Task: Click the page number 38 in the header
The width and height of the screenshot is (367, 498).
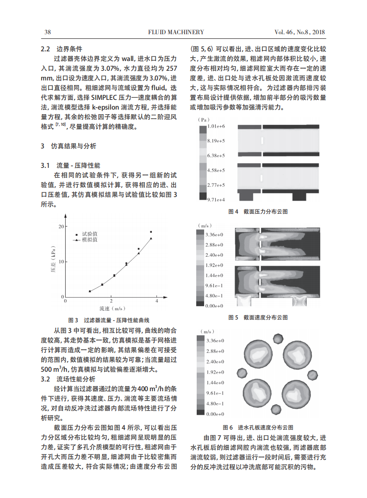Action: point(47,32)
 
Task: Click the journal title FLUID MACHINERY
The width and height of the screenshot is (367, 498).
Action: point(176,32)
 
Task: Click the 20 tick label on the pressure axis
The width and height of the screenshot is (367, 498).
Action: point(61,227)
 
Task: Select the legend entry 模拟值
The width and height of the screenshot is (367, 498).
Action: point(89,240)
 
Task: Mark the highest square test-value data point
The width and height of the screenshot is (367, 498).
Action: point(151,232)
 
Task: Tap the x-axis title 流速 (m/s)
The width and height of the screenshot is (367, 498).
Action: point(111,308)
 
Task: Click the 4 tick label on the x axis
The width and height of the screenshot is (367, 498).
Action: point(156,301)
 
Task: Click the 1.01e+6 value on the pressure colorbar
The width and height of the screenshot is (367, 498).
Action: point(216,126)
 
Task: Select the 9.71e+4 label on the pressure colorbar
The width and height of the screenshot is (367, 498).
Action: point(216,200)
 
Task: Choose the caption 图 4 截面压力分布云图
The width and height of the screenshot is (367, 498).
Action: point(258,211)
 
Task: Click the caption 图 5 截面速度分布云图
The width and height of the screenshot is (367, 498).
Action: point(258,318)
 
